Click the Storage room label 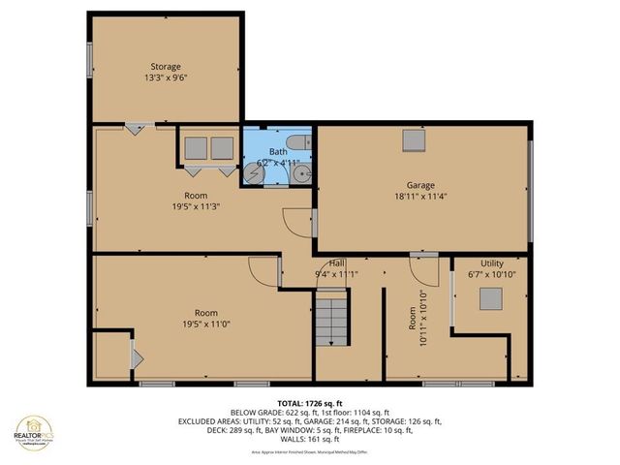[x=165, y=67]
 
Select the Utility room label [x=491, y=263]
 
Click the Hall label [x=336, y=263]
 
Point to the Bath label [x=278, y=152]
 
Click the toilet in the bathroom [x=302, y=142]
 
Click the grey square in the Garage [x=414, y=140]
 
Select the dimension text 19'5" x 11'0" [x=205, y=325]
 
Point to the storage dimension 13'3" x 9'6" [x=166, y=79]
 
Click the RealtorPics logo [x=35, y=435]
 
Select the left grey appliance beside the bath [x=196, y=147]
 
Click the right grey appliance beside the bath [x=223, y=147]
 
